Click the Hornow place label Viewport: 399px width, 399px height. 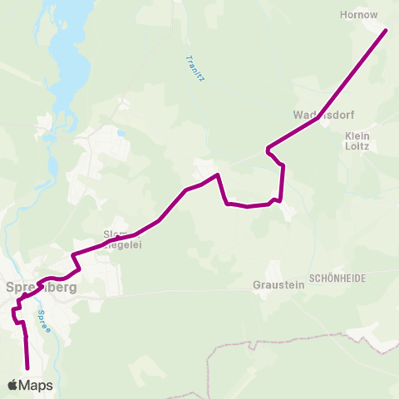point(359,14)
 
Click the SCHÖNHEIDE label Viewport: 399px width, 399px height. point(337,279)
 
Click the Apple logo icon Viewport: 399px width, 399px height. point(12,385)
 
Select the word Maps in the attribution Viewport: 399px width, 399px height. point(37,385)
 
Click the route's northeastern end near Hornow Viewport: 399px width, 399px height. point(386,32)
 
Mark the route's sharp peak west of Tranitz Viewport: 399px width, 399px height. point(217,175)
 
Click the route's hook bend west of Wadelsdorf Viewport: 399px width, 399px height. point(268,150)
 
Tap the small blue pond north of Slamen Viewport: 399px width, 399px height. point(121,132)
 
